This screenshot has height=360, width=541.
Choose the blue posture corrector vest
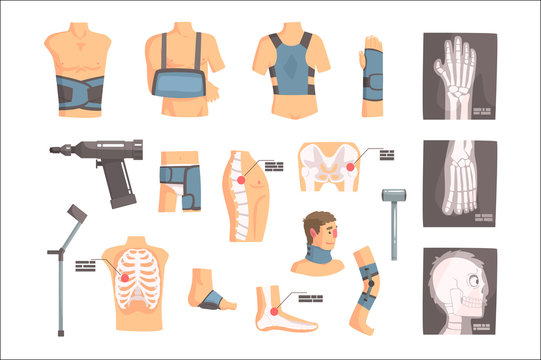point(291,71)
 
